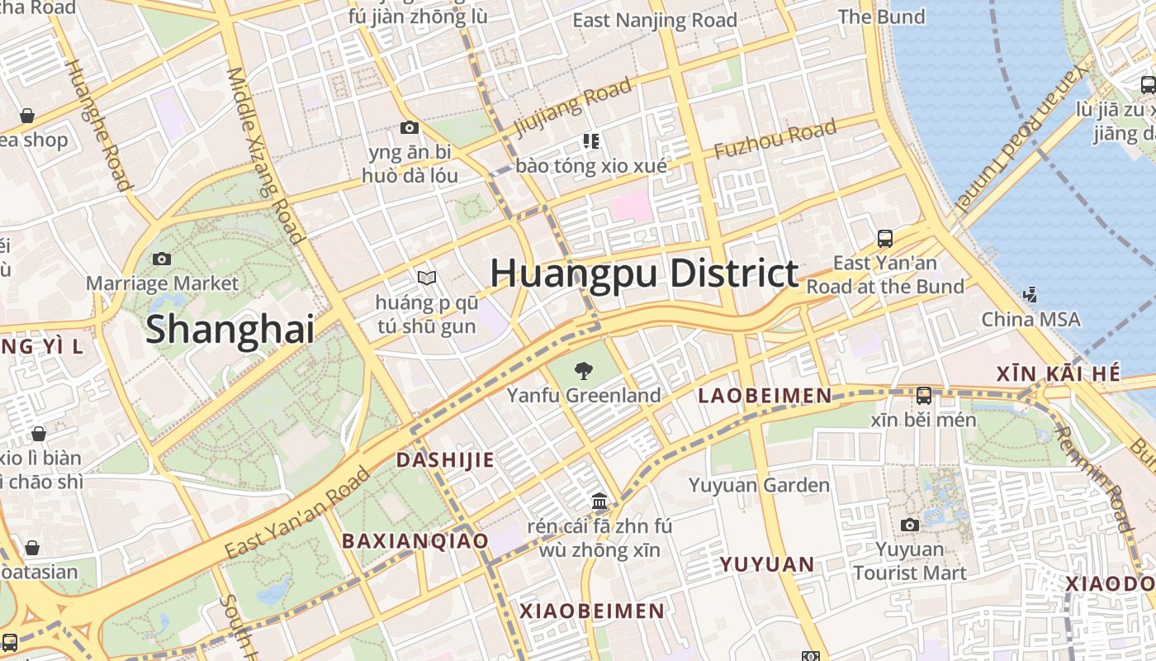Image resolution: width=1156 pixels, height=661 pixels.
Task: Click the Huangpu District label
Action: [644, 273]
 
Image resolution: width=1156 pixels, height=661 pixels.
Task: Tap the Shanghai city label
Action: [230, 330]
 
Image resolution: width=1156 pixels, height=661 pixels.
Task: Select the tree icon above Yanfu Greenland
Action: [584, 371]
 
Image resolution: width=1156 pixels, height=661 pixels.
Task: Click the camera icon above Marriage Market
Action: [162, 259]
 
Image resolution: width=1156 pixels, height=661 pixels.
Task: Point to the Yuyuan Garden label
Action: [759, 485]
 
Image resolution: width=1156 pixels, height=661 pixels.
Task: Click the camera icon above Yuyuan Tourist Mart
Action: [909, 525]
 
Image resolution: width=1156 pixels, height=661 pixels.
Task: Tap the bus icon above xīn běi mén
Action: [923, 396]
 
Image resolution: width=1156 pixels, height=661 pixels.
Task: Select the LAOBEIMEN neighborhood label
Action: [765, 396]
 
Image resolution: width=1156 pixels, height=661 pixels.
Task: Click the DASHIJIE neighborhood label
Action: [445, 460]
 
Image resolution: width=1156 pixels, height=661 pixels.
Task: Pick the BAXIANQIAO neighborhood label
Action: [415, 541]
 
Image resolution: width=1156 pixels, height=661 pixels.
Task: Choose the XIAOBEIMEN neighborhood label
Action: [591, 611]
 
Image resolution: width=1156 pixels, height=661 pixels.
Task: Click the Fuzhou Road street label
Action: [775, 140]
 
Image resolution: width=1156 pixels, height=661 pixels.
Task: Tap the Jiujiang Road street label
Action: [573, 107]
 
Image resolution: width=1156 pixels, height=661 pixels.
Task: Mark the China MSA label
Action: [1030, 319]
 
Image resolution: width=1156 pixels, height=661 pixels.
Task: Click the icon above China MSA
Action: [1030, 293]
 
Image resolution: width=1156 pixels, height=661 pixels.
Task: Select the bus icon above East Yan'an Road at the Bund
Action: [884, 239]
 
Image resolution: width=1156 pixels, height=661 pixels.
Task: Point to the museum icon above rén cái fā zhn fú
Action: [599, 501]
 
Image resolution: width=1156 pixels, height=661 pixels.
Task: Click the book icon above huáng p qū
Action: [426, 278]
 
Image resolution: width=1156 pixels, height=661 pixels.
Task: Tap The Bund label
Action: [881, 17]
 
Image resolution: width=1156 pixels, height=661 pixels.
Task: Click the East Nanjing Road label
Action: [654, 21]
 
